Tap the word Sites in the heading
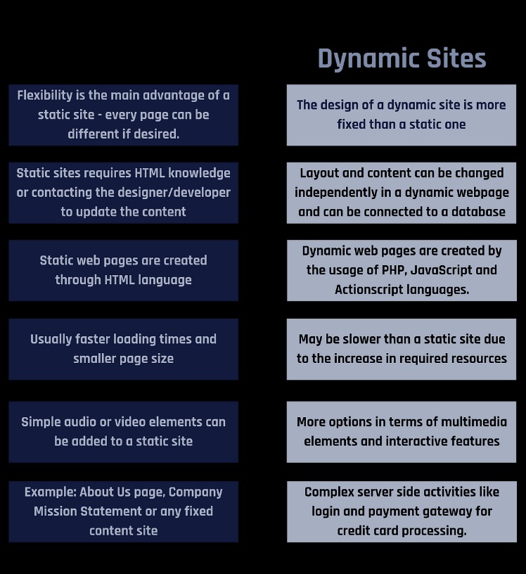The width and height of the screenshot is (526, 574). pos(456,58)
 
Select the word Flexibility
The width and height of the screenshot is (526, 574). pos(45,96)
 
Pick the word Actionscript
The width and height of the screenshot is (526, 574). pos(369,290)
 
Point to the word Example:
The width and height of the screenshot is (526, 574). pos(51,492)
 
